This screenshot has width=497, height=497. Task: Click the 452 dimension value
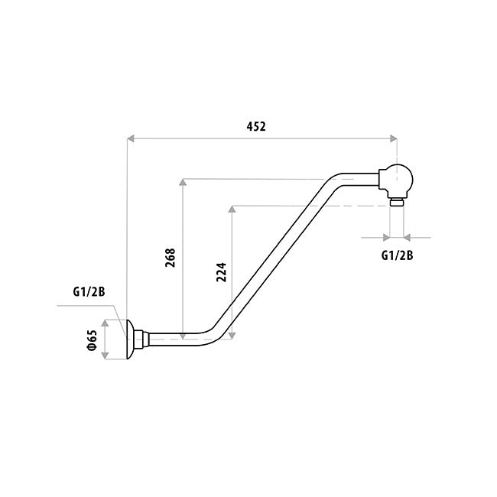pos(255,127)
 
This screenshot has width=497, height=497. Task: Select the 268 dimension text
pos(171,258)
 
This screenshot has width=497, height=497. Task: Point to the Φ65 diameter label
pos(92,339)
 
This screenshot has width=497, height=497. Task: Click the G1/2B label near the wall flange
pos(89,291)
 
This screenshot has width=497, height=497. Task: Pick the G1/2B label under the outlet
pos(397,255)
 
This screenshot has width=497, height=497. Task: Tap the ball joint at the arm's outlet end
pos(398,180)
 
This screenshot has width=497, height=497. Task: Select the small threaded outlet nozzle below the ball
pos(396,203)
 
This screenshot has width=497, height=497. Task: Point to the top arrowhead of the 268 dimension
pos(183,184)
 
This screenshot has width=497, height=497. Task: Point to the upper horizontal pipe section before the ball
pos(359,180)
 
